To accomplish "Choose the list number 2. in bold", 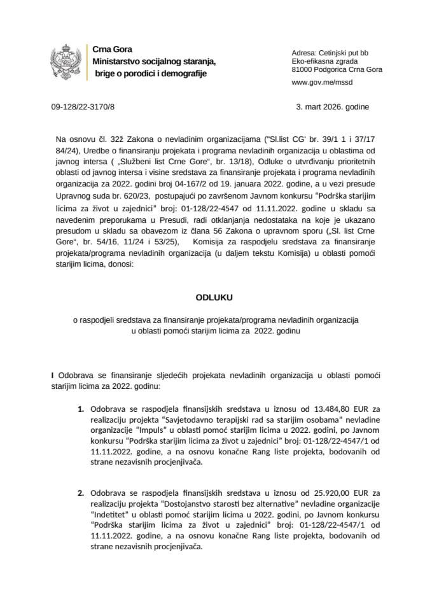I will [x=81, y=493].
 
